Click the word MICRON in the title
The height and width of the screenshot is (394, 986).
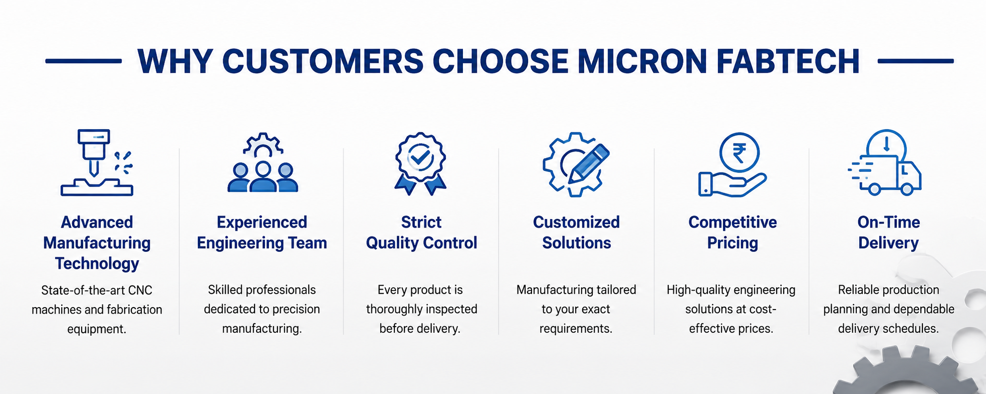coord(642,62)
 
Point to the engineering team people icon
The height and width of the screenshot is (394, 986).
coord(263,162)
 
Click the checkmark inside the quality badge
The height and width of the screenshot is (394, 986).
coord(420,158)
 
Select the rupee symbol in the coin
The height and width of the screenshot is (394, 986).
coord(739,153)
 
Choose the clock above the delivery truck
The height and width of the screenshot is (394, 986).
coord(887,144)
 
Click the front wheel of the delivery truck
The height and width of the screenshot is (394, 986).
coord(907,189)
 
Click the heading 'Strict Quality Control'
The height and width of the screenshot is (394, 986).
coord(422,233)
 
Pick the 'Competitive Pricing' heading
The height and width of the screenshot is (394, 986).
coord(732,233)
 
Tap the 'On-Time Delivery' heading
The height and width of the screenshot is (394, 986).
coord(889,233)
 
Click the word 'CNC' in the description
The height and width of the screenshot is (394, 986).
coord(140,290)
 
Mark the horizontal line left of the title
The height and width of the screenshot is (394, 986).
coord(84,61)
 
